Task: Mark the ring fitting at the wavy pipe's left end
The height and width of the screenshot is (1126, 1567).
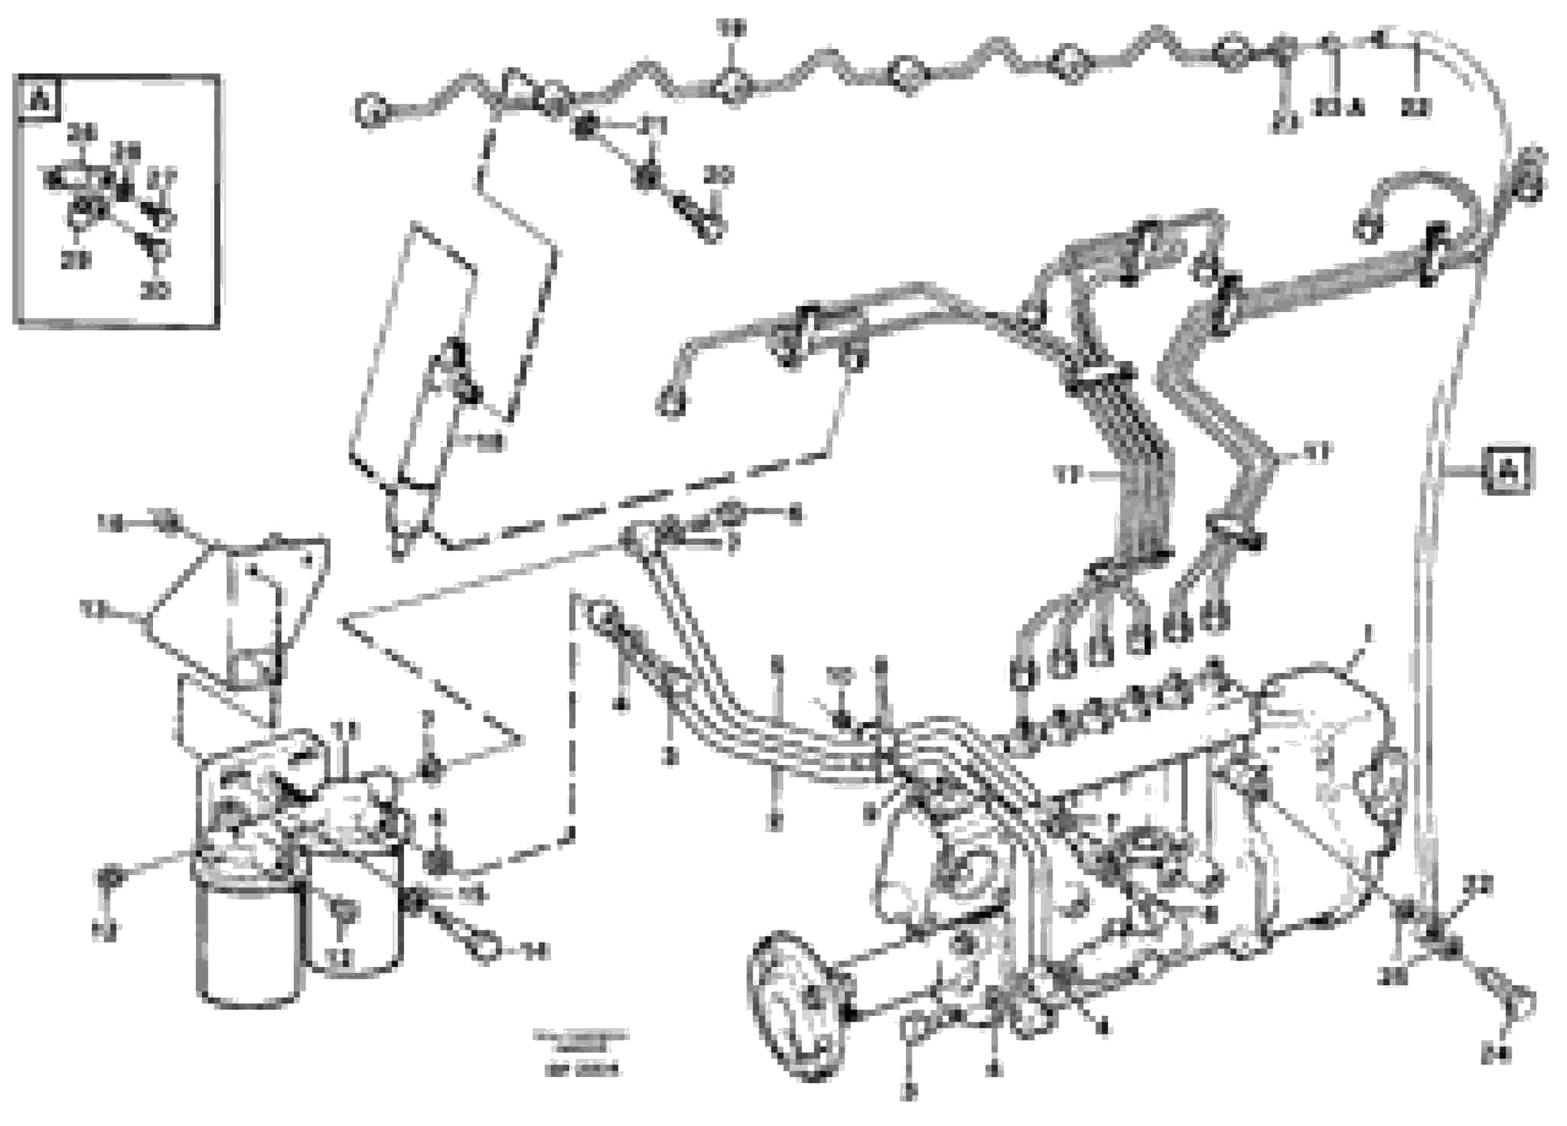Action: point(371,111)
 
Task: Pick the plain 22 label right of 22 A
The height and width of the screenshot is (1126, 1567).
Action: point(1416,108)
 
